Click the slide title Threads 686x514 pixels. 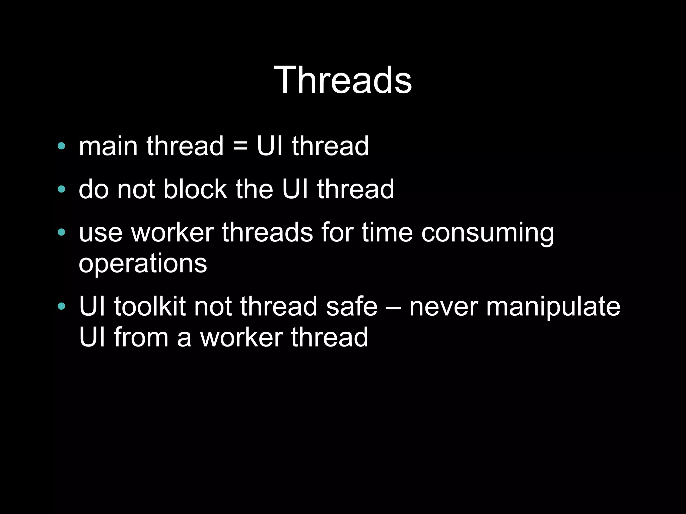tap(343, 80)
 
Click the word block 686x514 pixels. tap(195, 189)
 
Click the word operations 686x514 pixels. tap(143, 264)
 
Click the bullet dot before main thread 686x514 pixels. tap(61, 146)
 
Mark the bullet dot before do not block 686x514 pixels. tap(61, 189)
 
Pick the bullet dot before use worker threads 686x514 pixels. tap(61, 232)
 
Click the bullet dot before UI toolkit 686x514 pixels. tap(61, 306)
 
